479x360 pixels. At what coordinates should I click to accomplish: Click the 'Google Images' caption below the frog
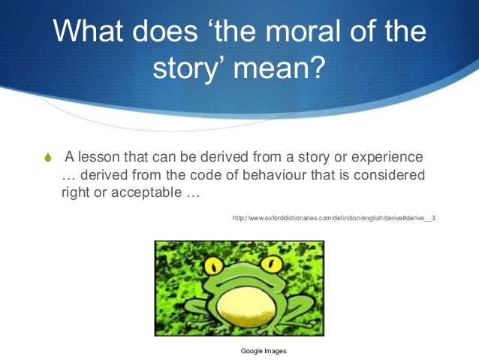coord(264,351)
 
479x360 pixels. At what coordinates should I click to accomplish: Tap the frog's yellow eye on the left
coord(213,265)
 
